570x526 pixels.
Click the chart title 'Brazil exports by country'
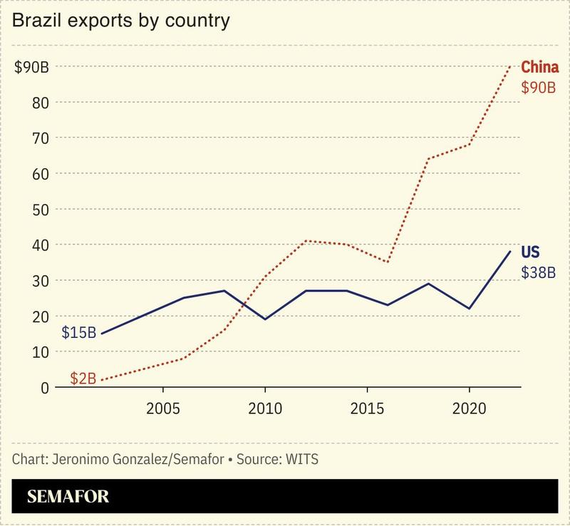tap(120, 21)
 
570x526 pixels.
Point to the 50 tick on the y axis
tap(41, 210)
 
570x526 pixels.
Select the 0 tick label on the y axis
tap(44, 388)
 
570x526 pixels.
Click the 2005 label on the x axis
tap(163, 411)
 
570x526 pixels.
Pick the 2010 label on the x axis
tap(265, 411)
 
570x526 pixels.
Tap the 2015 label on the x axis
tap(367, 411)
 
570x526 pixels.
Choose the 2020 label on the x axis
tap(469, 411)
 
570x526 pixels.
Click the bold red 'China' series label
tap(539, 68)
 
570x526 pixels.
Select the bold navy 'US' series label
tap(530, 253)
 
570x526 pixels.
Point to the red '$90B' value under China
tap(538, 88)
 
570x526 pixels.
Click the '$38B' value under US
tap(538, 273)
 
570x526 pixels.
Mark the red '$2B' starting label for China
tap(83, 378)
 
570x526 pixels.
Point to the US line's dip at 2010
tap(265, 319)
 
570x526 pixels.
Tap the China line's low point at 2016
tap(387, 262)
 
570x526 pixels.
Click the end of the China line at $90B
tap(509, 67)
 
